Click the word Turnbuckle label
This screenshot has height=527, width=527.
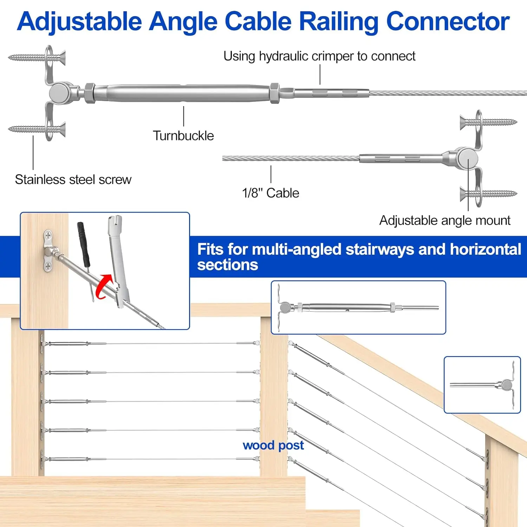[x=183, y=136]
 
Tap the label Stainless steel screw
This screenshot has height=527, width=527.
[x=73, y=180]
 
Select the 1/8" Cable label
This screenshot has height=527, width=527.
[x=271, y=193]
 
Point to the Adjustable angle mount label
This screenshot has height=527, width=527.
[x=444, y=220]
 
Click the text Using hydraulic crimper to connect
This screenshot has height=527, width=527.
[x=319, y=56]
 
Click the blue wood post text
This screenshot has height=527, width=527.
[x=273, y=445]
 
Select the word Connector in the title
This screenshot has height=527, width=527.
[x=448, y=22]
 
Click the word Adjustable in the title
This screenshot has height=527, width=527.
[x=79, y=22]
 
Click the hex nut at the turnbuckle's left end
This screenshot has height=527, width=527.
[x=90, y=93]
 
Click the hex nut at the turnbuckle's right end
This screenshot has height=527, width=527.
[x=275, y=93]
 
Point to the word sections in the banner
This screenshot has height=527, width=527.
[x=227, y=265]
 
